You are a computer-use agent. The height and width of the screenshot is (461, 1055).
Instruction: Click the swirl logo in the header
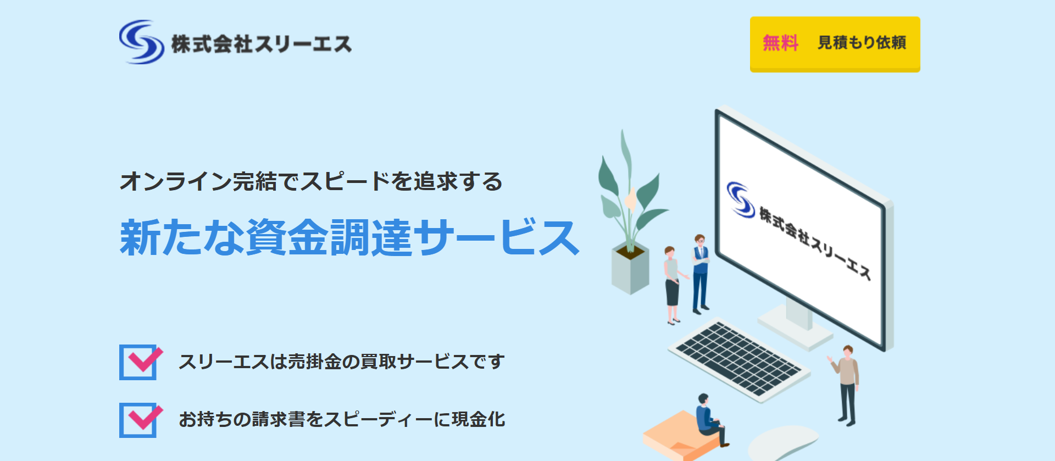(141, 42)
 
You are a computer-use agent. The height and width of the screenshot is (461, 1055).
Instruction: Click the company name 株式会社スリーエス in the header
(262, 44)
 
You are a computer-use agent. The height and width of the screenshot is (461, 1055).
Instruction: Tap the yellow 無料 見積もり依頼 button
(835, 44)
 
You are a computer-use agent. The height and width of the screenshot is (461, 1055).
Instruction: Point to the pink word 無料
(780, 43)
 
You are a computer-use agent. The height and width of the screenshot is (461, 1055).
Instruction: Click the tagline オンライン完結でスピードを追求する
(311, 181)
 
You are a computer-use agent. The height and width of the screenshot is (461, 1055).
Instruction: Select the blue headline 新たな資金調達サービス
(349, 237)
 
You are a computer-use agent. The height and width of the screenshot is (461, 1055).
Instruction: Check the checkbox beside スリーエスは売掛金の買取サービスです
(140, 362)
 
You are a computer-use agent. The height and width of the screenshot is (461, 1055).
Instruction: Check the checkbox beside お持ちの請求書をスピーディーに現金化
(140, 420)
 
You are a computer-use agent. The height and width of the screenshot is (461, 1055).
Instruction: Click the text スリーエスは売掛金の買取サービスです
(341, 362)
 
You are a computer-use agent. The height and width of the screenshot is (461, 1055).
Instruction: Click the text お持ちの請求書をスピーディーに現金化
(342, 419)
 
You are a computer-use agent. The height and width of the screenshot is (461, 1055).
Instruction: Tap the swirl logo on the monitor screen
(741, 199)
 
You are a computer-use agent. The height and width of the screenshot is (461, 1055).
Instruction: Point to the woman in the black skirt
(673, 285)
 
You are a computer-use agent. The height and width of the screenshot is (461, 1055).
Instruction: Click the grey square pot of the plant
(630, 270)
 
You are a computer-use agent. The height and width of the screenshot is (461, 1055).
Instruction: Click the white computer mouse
(783, 443)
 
